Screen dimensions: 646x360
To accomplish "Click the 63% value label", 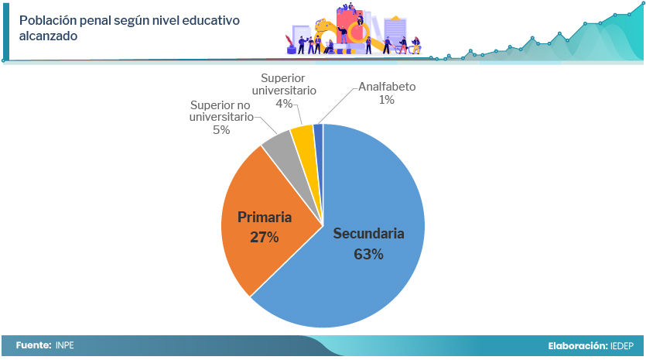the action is click(368, 254).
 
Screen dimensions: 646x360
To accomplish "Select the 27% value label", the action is click(265, 237).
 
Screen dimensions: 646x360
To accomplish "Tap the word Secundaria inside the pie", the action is click(368, 233).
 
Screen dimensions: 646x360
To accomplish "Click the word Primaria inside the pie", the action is click(265, 218).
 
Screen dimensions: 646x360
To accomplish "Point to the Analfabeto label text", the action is click(387, 87).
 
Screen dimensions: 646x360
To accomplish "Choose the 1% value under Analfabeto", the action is click(387, 100).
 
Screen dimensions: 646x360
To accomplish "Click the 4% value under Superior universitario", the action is click(284, 104).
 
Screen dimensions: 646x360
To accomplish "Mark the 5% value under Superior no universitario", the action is click(221, 130).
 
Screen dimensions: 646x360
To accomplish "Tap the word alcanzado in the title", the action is click(48, 36).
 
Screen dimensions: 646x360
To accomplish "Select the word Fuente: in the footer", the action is click(34, 345).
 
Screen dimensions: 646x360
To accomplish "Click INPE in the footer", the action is click(65, 345).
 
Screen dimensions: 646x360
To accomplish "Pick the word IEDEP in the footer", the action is click(622, 346).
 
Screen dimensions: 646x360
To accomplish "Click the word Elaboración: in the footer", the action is click(578, 346).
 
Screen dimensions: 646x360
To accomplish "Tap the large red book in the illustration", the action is click(349, 26).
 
